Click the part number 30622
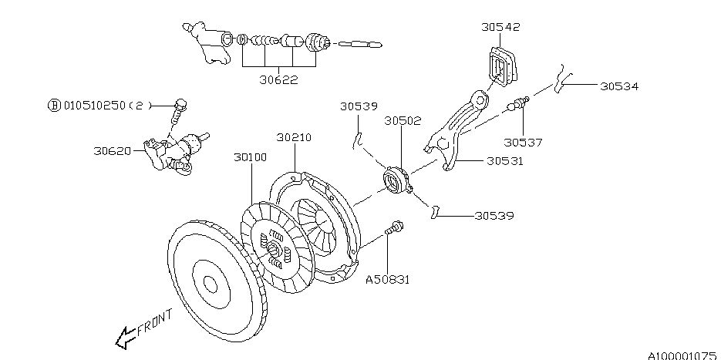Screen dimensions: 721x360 [278, 80]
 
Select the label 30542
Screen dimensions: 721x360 [500, 27]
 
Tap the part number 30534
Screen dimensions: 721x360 [619, 86]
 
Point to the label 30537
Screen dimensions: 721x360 [523, 143]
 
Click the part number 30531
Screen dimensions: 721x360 [505, 161]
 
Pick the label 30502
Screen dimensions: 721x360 [403, 121]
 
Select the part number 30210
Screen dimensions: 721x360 [294, 137]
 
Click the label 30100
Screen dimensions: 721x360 [250, 157]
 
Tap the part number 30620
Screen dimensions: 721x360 [112, 151]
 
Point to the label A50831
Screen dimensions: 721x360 [387, 280]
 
